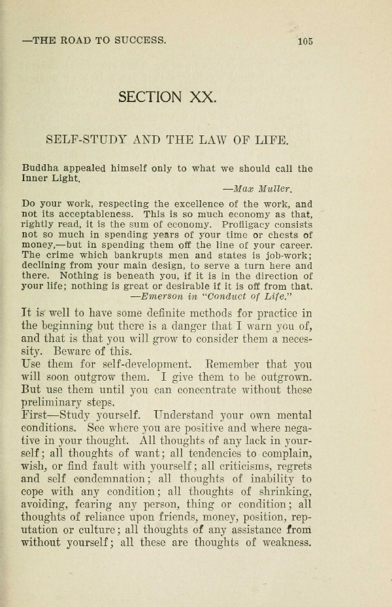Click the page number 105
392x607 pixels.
304,41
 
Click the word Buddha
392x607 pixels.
39,167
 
